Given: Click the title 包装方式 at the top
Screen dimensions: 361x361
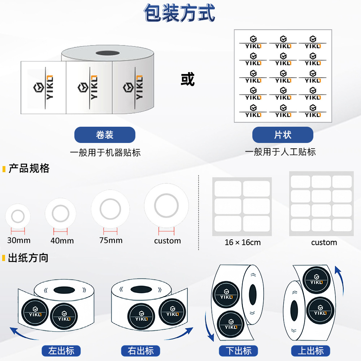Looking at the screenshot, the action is pos(179,13).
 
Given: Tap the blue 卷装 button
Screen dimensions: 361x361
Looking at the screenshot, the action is pos(105,135).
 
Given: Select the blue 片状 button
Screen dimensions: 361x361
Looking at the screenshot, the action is pos(283,135).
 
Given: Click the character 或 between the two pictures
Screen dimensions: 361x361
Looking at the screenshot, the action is pos(188,79).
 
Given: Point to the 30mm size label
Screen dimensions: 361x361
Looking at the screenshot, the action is pos(19,240).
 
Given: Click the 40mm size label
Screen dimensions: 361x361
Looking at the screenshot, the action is pos(62,240).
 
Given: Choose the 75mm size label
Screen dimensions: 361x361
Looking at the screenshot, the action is pos(111,240).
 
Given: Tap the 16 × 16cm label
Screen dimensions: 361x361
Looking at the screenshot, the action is pos(243,242).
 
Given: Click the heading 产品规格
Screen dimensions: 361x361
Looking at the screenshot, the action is pos(29,168).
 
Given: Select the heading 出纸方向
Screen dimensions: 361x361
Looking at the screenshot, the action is pos(28,258).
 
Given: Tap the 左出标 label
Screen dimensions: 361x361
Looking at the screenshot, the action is pos(61,351).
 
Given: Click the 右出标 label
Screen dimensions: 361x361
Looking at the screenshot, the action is pos(141,351).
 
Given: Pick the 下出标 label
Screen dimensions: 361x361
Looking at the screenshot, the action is pos(239,351).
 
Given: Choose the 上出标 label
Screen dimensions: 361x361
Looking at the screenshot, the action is pos(310,351).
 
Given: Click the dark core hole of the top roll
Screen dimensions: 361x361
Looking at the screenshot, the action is pos(108,53).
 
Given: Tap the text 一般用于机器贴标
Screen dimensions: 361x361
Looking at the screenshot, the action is pos(105,153).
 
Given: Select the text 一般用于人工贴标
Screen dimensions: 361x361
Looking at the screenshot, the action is pos(280,152).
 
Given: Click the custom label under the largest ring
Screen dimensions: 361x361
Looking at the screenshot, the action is pos(168,241).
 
